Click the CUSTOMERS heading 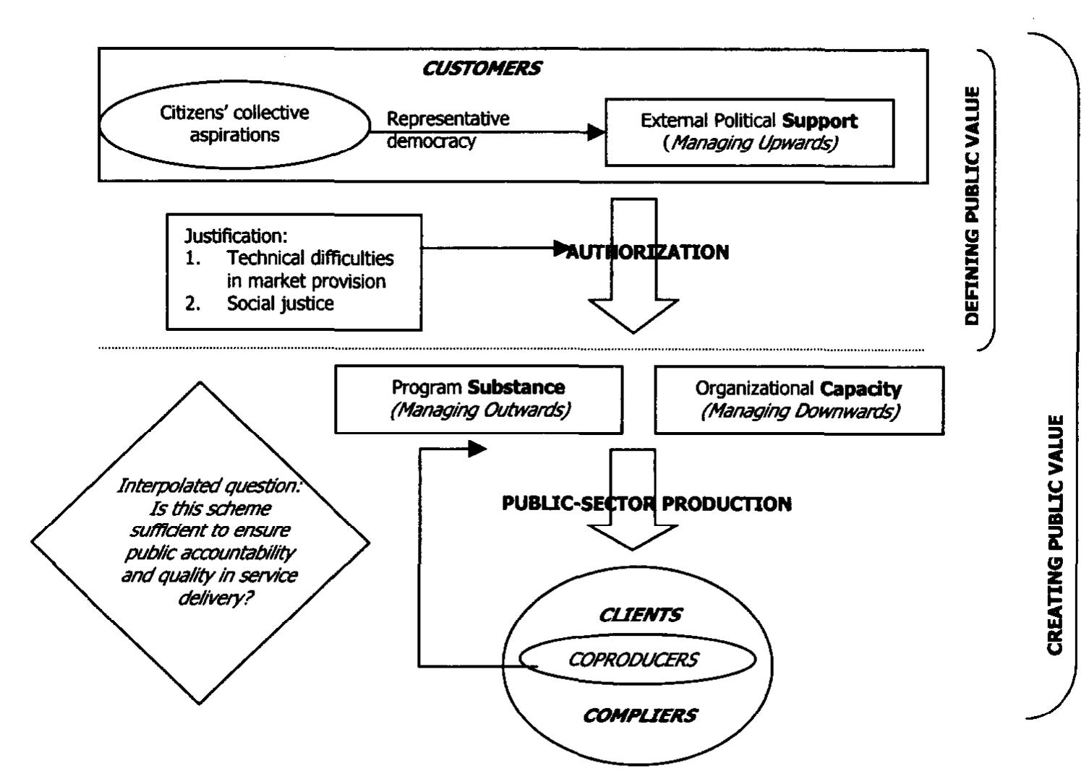coord(482,69)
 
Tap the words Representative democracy coord(448,130)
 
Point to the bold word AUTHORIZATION coord(647,252)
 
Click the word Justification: coord(236,236)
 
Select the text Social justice coord(280,303)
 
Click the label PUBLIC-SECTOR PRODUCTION coord(646,504)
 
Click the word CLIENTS coord(640,615)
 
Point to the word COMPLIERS coord(640,715)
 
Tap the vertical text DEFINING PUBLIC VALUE coord(972,205)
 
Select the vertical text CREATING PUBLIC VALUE coord(1054,535)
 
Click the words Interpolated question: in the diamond coord(209,486)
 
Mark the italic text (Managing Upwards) coord(750,143)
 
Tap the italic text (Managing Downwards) coord(800,411)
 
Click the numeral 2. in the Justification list coord(192,303)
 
